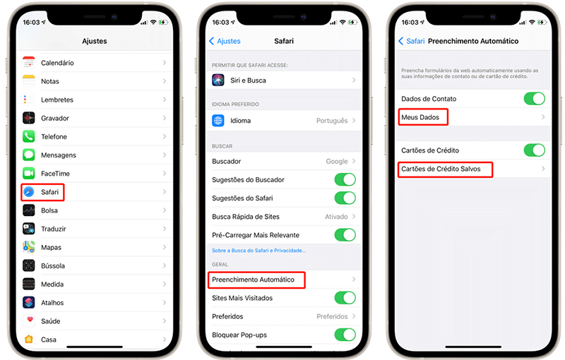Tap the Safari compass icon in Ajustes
point(29,192)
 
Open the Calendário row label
point(57,63)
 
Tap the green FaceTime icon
point(29,173)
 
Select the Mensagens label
point(59,155)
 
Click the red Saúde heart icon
point(29,320)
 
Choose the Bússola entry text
point(53,266)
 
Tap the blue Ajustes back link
point(225,41)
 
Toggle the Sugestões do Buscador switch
point(345,179)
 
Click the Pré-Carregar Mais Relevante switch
point(345,235)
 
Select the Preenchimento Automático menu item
point(253,280)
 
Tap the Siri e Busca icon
point(218,80)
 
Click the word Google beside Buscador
point(336,162)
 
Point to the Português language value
point(331,121)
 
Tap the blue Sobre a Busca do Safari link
point(258,251)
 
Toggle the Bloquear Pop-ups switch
point(345,335)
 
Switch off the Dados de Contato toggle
point(534,99)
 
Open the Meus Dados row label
point(421,117)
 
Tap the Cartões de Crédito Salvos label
point(441,169)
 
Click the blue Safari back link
point(412,41)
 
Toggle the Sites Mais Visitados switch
point(345,298)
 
